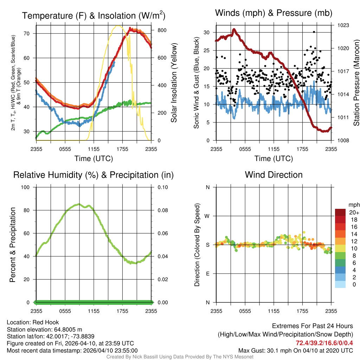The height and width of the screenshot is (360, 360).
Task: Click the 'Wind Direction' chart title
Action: pyautogui.click(x=274, y=175)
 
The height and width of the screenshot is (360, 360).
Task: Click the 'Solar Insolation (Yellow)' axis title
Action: pyautogui.click(x=174, y=83)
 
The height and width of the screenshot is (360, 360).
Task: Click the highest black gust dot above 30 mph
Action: pyautogui.click(x=314, y=32)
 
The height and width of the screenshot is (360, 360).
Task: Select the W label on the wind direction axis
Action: pyautogui.click(x=207, y=216)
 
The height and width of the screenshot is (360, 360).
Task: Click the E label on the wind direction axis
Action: pyautogui.click(x=207, y=274)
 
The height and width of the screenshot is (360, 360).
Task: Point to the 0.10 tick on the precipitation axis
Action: pyautogui.click(x=162, y=187)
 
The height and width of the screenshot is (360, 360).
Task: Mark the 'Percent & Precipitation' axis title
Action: pyautogui.click(x=12, y=245)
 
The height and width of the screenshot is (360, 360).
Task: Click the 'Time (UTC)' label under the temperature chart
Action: pyautogui.click(x=94, y=159)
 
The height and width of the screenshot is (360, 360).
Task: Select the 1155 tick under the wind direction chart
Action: pyautogui.click(x=274, y=311)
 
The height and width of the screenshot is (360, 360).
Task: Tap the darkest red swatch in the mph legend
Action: pyautogui.click(x=340, y=213)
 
